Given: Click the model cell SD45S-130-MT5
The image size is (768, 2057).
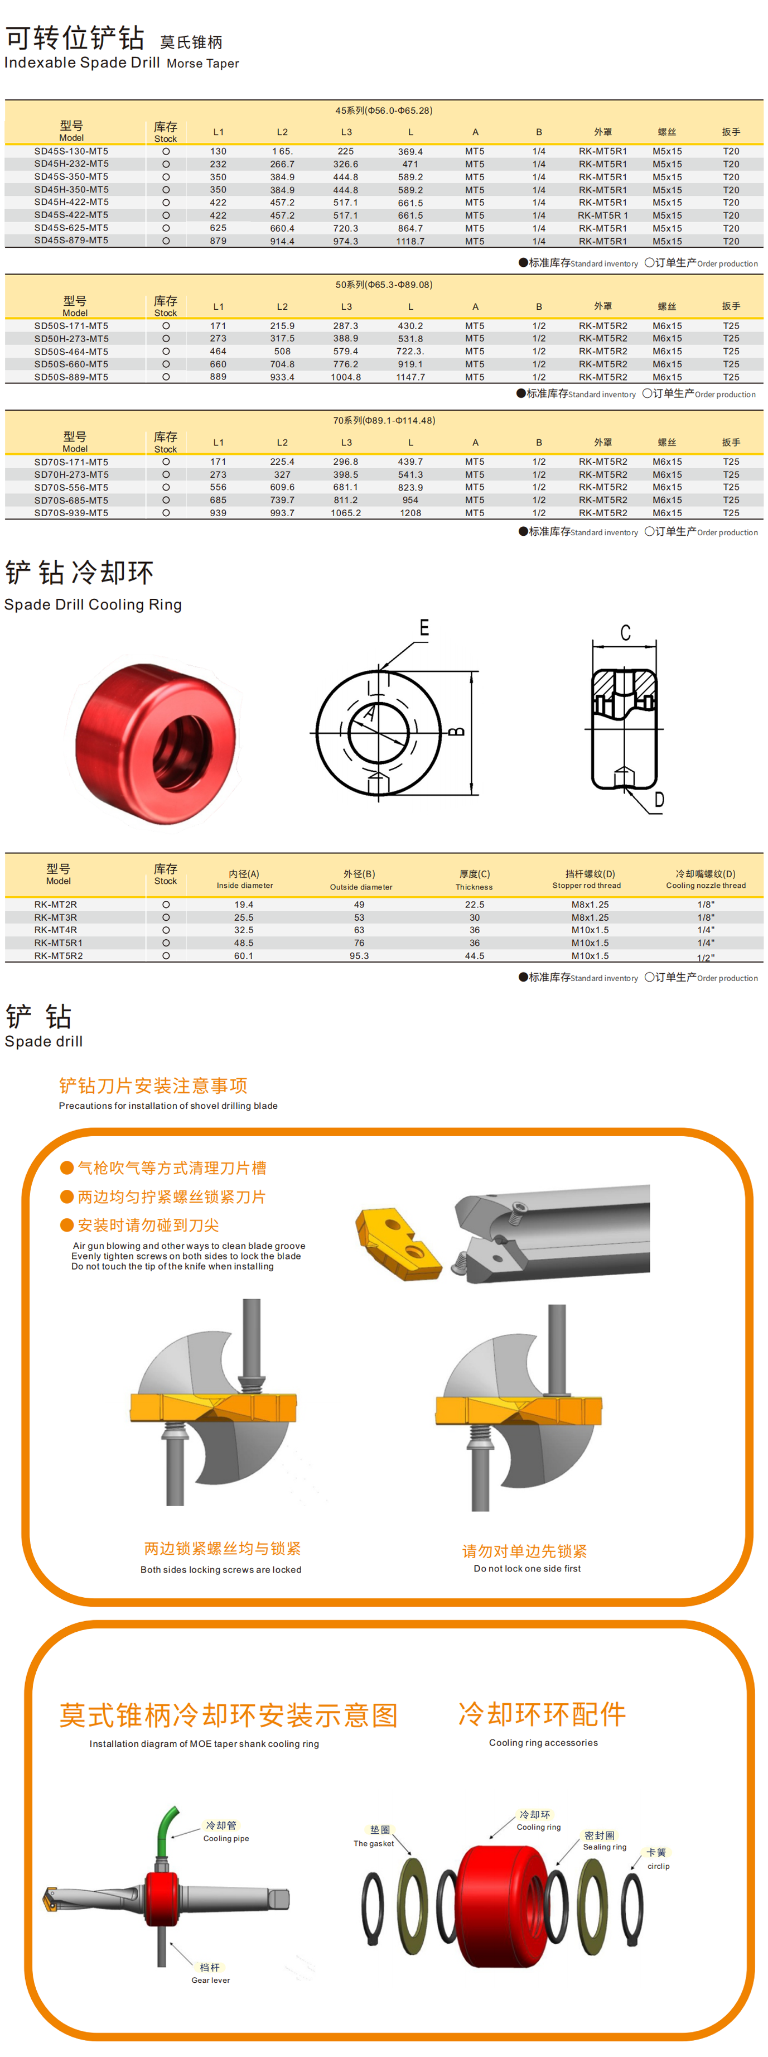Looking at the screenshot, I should coord(71,151).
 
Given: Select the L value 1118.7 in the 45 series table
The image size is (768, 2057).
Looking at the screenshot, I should coord(410,241).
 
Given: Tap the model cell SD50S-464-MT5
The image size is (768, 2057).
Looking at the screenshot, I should coord(71,352).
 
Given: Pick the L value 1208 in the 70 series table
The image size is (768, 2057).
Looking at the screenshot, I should coord(410,513).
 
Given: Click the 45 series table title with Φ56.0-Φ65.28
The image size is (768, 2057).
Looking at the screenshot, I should coord(384,110).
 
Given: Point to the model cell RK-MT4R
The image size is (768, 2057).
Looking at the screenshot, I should coord(56,930).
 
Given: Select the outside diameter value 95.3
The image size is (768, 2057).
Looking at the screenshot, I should coord(359,956).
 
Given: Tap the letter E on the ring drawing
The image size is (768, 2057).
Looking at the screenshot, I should coord(424,628).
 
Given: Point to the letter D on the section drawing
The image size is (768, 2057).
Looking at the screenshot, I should coord(659,799).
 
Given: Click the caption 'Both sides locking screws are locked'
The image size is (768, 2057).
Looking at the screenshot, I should coord(221,1569).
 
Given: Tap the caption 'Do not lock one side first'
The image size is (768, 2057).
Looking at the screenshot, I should coord(527,1568).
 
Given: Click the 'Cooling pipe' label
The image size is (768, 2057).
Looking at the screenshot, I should coord(225,1838).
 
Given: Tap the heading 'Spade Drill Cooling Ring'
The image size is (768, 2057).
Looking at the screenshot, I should coord(93,604).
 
